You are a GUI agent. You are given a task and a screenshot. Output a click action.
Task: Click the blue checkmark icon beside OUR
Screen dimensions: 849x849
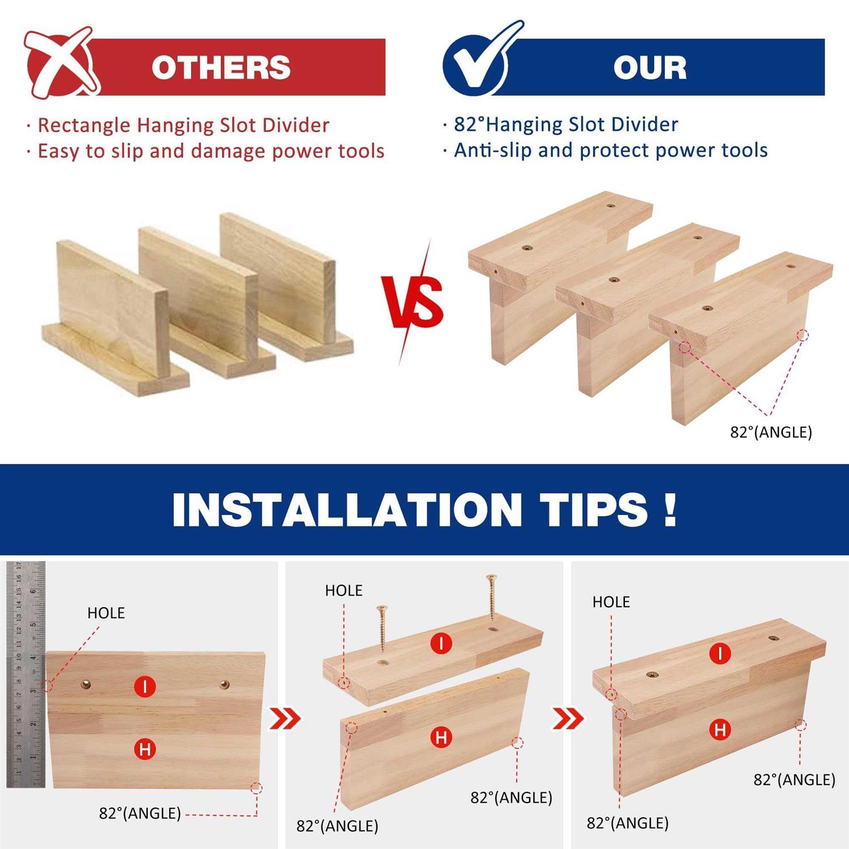481,59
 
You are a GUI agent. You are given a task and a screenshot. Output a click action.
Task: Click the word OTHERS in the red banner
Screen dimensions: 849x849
221,67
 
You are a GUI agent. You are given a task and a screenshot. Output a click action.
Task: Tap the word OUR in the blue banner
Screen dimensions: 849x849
650,67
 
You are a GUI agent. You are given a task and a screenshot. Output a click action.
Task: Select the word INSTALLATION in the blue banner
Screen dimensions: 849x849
346,510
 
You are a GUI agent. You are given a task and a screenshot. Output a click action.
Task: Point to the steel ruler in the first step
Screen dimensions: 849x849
26,674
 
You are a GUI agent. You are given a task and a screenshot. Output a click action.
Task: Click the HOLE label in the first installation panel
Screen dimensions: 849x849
106,613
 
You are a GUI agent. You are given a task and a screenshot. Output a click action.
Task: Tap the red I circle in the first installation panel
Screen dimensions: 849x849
145,687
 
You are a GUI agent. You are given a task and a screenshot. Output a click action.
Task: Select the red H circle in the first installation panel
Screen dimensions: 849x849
145,749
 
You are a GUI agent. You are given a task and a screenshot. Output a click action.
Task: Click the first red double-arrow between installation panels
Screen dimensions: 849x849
285,719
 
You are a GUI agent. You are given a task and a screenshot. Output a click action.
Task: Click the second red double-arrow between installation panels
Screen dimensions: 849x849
568,719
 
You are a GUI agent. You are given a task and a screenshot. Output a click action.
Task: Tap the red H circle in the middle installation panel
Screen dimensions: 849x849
441,737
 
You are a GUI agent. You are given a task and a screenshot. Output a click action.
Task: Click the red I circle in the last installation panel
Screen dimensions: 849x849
720,654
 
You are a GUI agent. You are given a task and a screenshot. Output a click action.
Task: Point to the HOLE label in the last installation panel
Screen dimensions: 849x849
611,602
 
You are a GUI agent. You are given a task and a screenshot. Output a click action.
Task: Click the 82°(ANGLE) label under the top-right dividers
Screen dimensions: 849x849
771,432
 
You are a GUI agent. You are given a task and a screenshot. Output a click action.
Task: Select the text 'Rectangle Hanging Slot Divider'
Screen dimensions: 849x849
183,125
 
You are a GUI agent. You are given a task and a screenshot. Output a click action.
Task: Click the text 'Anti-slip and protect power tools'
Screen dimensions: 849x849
611,150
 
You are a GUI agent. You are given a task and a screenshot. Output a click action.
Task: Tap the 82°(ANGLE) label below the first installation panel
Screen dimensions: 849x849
140,813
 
